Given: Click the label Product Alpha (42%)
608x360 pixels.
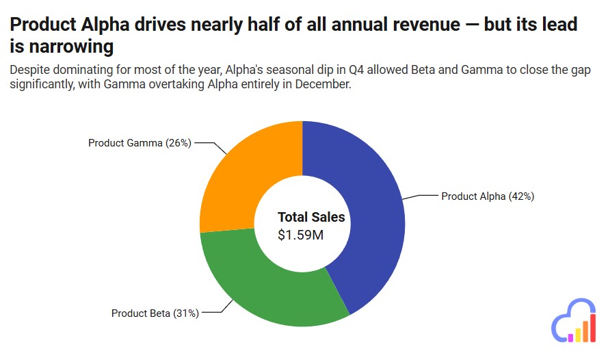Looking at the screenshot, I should pyautogui.click(x=487, y=196).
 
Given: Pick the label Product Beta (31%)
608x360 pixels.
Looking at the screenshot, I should pyautogui.click(x=155, y=313).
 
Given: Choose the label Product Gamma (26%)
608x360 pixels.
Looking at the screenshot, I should pyautogui.click(x=140, y=143).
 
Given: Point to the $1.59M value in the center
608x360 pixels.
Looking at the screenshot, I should pyautogui.click(x=300, y=235).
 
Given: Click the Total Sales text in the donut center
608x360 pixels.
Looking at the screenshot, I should pyautogui.click(x=311, y=218).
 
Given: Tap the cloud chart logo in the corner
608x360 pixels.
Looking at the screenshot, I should pyautogui.click(x=574, y=320).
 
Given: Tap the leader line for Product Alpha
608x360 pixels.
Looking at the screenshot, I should pyautogui.click(x=420, y=196).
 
